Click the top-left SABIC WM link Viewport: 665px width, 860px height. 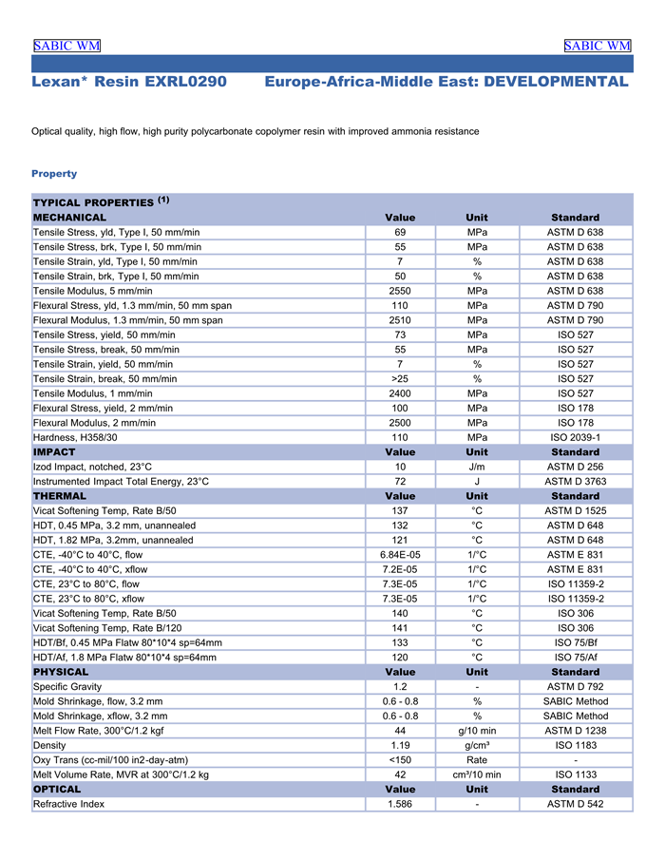tap(66, 46)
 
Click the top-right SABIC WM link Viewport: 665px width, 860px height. tap(597, 46)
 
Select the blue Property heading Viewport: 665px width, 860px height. tap(54, 174)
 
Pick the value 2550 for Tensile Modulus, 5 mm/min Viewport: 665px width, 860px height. tap(400, 291)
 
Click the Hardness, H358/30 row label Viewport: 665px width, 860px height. tap(75, 437)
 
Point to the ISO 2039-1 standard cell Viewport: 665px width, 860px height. tap(575, 437)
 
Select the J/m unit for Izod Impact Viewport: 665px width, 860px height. tap(477, 467)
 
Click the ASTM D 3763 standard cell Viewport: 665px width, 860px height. tap(575, 482)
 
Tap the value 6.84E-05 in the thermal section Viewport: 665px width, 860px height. tap(400, 555)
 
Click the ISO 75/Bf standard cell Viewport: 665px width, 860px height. tap(575, 642)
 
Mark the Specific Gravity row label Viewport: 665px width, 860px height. tap(67, 687)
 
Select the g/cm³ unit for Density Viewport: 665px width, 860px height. tap(477, 745)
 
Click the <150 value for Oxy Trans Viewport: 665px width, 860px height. tap(400, 760)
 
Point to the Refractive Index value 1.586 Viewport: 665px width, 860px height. tap(400, 804)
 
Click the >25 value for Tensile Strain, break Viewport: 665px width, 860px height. tap(400, 378)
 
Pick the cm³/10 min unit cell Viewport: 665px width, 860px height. tap(477, 774)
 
